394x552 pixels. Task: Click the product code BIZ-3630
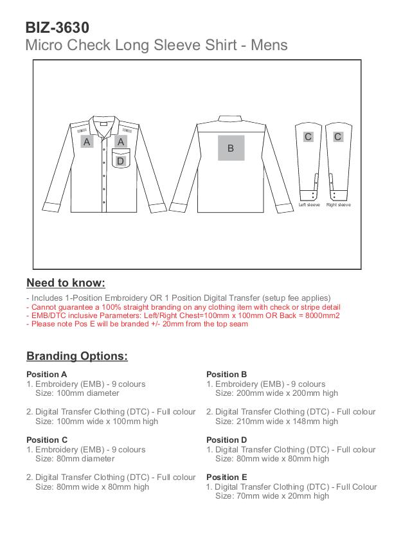tap(57, 28)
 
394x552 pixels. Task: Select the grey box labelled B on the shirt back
tap(231, 148)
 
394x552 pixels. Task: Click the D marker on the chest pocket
tap(120, 161)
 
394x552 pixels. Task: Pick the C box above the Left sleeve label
tap(309, 136)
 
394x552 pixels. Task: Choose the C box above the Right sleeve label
tap(338, 136)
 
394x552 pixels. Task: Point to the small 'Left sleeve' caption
tap(309, 205)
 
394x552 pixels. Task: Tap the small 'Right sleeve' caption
tap(338, 205)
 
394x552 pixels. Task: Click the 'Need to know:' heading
tap(66, 283)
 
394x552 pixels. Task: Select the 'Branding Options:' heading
tap(77, 356)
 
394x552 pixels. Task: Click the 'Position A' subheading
tap(47, 374)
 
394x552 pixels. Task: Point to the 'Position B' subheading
tap(227, 374)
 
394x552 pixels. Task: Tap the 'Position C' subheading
tap(47, 440)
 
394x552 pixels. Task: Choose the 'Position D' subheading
tap(227, 440)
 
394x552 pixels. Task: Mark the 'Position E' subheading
tap(227, 477)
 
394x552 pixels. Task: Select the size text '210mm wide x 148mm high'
tap(276, 421)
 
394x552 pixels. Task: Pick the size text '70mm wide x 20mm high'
tap(272, 495)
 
